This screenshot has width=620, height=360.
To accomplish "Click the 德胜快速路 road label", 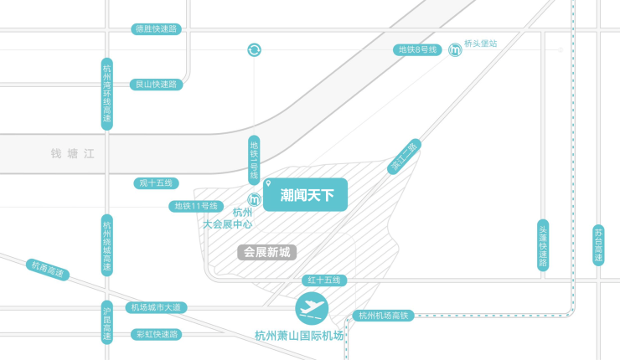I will tap(157, 29).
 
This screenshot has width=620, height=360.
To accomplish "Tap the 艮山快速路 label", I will tap(157, 84).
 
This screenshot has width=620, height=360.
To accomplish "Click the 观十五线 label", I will tap(157, 183).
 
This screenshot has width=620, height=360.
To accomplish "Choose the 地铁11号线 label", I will tap(195, 206).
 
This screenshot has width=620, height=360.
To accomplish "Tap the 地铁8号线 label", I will tap(418, 50).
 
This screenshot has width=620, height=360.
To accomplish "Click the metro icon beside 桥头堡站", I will tap(454, 50).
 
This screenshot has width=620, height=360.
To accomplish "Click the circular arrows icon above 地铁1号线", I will tap(254, 50).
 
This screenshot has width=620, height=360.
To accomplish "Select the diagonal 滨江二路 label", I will tap(405, 157).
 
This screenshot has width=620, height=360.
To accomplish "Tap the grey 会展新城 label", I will tap(266, 251).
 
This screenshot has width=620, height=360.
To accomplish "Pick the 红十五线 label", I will tap(326, 280).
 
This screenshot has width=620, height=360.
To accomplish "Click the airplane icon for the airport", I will tap(313, 310).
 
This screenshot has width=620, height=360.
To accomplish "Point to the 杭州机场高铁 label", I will tap(383, 316).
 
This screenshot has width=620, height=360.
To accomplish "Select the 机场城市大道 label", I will tap(157, 308).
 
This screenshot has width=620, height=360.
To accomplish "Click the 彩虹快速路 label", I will tap(157, 334).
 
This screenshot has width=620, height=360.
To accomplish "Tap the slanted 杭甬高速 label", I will tap(47, 270).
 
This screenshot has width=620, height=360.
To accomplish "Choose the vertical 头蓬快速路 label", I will tap(543, 245).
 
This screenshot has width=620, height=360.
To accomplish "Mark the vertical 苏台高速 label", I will tap(598, 245).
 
